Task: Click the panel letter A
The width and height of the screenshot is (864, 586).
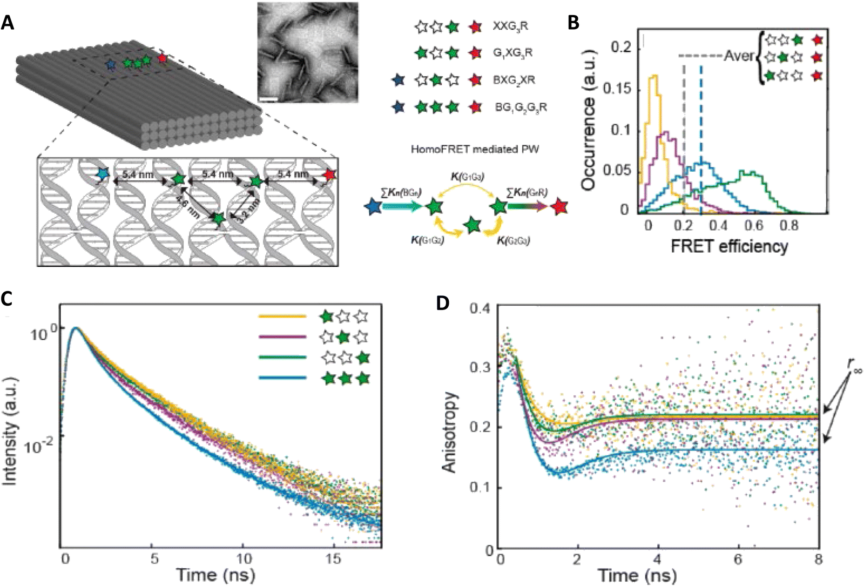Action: click(8, 23)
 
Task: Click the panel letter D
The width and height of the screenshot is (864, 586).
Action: click(443, 303)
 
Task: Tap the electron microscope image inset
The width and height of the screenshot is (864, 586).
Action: click(307, 52)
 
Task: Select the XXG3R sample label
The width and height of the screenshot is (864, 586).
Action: click(510, 26)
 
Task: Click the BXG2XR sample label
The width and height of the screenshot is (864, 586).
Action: click(514, 80)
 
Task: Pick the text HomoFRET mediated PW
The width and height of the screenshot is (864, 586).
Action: click(475, 149)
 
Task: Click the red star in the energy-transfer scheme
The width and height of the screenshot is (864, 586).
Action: click(559, 206)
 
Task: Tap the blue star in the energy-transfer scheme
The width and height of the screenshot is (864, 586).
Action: click(373, 206)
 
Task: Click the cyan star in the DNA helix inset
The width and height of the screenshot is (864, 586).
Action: click(102, 174)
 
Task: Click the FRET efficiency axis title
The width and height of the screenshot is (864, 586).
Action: click(729, 246)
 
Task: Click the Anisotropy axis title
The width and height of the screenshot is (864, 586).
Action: click(450, 432)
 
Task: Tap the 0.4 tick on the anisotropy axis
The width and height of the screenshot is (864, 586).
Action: click(481, 308)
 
